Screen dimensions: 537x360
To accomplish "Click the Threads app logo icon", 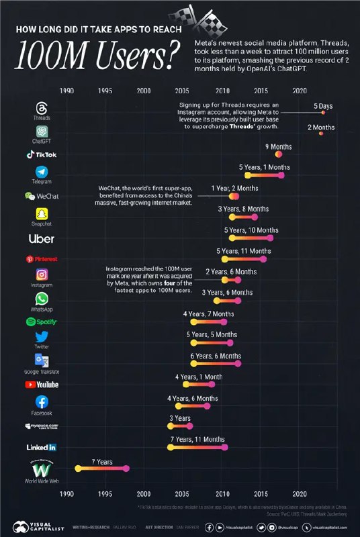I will coord(42,108).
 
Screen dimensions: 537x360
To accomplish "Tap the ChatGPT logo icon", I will coord(42,132).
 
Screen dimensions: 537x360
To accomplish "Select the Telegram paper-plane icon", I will coord(42,173).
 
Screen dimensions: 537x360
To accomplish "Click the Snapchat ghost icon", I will coord(42,214).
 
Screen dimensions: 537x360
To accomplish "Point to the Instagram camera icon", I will coord(42,275).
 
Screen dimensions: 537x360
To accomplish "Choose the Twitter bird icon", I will coord(42,337).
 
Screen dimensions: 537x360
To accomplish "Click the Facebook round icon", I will coord(42,401).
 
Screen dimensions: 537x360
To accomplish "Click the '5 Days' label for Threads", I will coord(323,106).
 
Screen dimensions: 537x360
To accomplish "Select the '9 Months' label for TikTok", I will coord(278,146).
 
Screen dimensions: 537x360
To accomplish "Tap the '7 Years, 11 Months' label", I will coord(197,439).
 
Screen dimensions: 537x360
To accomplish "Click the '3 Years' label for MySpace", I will coord(179,418).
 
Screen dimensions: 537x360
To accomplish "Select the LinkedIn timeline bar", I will coord(197,447).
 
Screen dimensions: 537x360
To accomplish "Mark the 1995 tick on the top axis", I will coord(105,90).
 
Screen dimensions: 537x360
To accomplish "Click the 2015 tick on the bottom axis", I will coord(261,494).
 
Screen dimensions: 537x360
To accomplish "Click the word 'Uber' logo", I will coord(42,238).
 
